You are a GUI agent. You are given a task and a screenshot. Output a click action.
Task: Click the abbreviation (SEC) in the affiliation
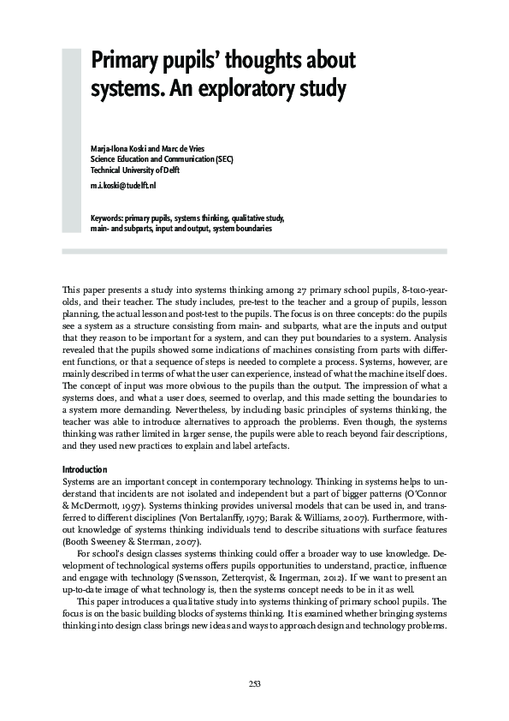pos(224,159)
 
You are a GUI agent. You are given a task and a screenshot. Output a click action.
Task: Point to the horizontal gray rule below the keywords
pos(254,251)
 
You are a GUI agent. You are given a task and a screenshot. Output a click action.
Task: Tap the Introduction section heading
pos(86,470)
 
